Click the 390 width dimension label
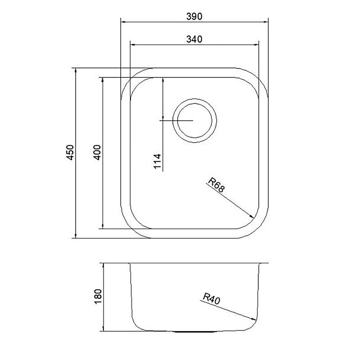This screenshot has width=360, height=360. coord(194,17)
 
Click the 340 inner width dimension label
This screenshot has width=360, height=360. coord(194,39)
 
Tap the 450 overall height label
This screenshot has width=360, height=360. coord(70,153)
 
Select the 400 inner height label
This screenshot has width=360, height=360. coord(97,153)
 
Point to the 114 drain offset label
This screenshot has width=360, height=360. coord(157,162)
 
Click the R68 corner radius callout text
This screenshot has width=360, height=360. coord(216,185)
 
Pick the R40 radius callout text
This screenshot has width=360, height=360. coord(211,299)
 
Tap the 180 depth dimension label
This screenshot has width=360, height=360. coord(98,297)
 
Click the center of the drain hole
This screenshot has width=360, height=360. coord(194,121)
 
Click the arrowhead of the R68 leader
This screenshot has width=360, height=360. coord(252,216)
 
